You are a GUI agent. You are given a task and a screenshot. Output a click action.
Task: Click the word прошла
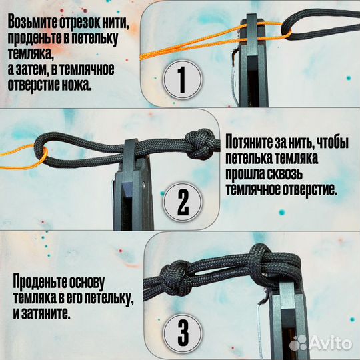[x=247, y=174]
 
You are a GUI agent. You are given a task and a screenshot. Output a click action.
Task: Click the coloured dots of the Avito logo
[x=300, y=343]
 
